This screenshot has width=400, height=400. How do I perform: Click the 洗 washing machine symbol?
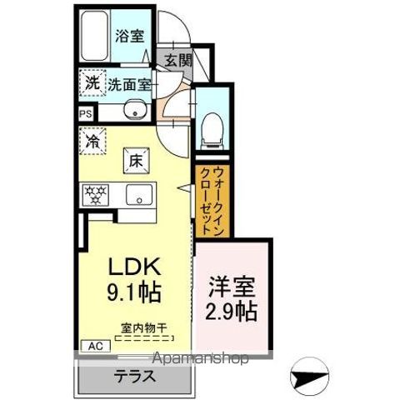(92, 82)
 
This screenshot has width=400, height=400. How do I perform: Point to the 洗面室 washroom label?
(128, 83)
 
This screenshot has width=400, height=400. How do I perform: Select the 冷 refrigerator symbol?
(92, 142)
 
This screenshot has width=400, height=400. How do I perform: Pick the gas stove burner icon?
(96, 196)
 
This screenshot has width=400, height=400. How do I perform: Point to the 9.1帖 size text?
(132, 292)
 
